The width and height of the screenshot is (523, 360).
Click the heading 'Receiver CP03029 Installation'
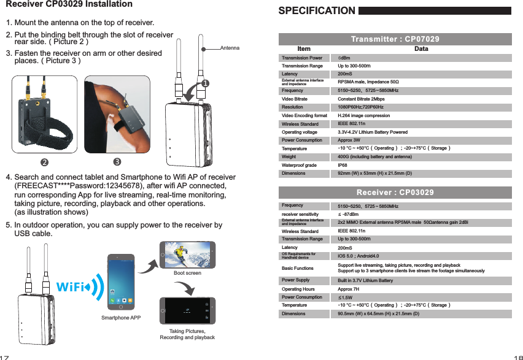[x=69, y=4]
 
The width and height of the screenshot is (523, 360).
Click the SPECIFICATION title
[x=317, y=10]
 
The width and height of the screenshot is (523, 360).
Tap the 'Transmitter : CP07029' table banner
[x=395, y=39]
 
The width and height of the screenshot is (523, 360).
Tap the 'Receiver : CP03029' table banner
[x=395, y=193]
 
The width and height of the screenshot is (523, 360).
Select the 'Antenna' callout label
[x=230, y=48]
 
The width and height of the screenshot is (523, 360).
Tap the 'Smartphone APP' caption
[x=121, y=318]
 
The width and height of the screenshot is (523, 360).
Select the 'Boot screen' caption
[x=187, y=273]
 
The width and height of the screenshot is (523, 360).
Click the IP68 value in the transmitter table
[x=343, y=165]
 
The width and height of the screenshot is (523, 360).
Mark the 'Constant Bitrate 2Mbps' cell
[x=362, y=99]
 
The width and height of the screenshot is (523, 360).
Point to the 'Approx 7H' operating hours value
[x=349, y=289]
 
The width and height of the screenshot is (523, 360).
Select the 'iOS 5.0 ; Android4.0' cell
[x=358, y=256]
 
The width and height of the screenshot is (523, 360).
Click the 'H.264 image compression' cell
[x=363, y=115]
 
